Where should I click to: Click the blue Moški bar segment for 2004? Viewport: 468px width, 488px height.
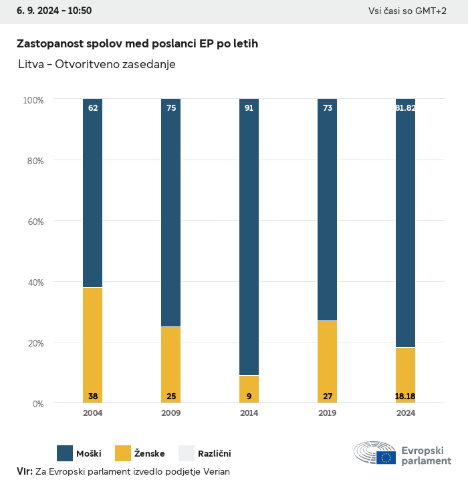[x=93, y=193]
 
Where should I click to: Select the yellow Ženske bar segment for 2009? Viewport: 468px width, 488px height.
[x=171, y=364]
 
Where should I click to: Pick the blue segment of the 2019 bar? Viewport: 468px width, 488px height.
[x=328, y=210]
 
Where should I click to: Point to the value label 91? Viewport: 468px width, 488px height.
[x=249, y=107]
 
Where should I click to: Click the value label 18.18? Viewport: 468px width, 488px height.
[x=405, y=397]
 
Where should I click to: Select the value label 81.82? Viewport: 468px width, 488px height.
[x=405, y=107]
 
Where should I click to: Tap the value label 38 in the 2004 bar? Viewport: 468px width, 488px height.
[x=93, y=397]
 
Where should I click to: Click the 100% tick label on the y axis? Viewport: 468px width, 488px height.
[x=33, y=99]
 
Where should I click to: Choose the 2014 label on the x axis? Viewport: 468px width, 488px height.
[x=249, y=413]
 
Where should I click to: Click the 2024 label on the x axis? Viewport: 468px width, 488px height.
[x=405, y=413]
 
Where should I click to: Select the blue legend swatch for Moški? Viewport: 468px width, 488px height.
[x=65, y=453]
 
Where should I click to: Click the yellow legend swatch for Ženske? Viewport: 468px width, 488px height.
[x=123, y=453]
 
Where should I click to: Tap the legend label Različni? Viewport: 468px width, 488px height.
[x=214, y=454]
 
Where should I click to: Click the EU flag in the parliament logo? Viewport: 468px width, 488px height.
[x=386, y=457]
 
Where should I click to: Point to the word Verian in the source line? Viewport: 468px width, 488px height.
[x=215, y=471]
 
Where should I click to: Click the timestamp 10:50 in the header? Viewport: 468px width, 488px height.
[x=79, y=11]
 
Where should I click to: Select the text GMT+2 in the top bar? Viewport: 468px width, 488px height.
[x=433, y=11]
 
